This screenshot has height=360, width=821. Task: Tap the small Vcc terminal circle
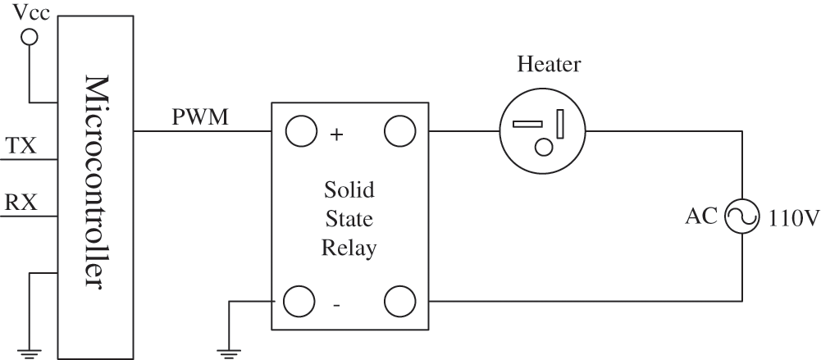pos(30,37)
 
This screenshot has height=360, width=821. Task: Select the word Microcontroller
pos(96,181)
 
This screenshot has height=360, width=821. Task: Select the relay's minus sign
pos(336,305)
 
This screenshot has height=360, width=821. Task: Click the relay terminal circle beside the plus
pos(299,131)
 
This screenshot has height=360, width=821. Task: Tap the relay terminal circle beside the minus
pos(299,301)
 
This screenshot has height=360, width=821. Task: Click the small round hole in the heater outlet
pos(543,148)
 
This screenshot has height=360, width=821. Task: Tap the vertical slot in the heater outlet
pos(560,125)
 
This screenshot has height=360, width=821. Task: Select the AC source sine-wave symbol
pos(743,216)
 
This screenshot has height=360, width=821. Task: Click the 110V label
pos(790,218)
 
